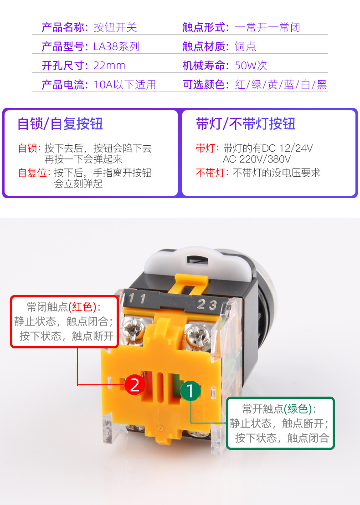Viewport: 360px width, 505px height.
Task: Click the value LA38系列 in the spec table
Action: (x=116, y=46)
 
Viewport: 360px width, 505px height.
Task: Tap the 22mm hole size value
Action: (x=109, y=66)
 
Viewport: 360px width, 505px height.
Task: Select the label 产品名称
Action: (x=63, y=27)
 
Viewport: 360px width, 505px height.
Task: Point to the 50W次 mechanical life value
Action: (x=251, y=66)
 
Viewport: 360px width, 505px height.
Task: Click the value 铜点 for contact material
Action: (x=245, y=46)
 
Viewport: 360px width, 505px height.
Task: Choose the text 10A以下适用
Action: (x=125, y=85)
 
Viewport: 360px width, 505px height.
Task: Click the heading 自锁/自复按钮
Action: (x=60, y=124)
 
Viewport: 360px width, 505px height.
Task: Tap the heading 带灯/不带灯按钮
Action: (x=246, y=124)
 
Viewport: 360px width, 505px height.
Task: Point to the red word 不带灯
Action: (x=210, y=173)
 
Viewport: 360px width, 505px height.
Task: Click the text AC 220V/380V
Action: (x=257, y=159)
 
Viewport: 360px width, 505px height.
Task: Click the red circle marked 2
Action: (x=135, y=384)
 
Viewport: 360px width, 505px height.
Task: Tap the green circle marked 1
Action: (x=190, y=391)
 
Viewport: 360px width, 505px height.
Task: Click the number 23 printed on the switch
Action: (x=207, y=304)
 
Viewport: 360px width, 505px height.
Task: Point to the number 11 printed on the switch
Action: (x=137, y=298)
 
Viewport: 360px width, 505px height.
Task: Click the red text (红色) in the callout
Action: (x=82, y=306)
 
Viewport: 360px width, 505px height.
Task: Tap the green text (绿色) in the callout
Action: (x=298, y=409)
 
